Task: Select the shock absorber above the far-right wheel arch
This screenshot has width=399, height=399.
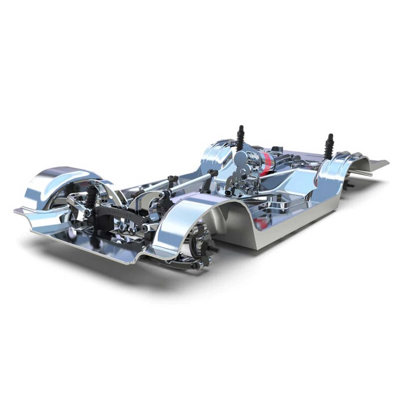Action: tap(329, 146)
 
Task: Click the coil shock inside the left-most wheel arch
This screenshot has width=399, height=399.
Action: tap(91, 198)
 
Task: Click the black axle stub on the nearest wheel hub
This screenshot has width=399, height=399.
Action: tap(213, 248)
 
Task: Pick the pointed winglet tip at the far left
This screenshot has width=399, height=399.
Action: tap(17, 210)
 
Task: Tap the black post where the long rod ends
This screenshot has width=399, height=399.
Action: tap(213, 175)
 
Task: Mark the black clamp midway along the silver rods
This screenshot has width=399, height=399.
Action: tap(173, 180)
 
